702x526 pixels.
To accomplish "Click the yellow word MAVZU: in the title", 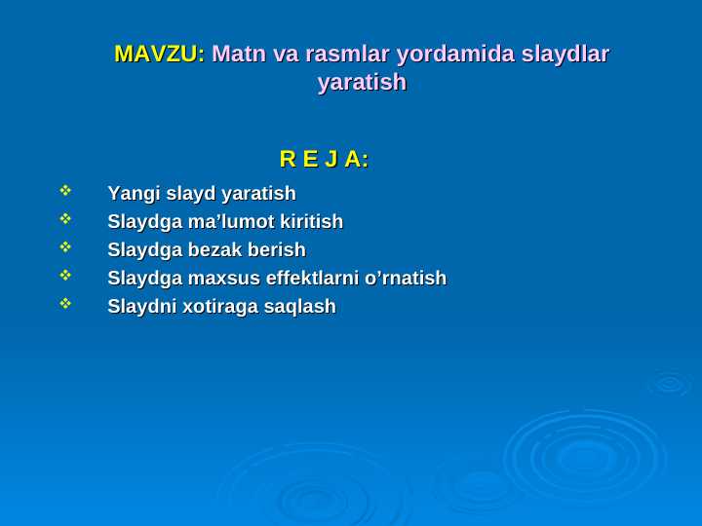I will pos(159,54).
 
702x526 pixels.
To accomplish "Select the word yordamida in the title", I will pos(450,54).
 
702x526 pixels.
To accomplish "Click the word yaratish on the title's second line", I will pos(362,83).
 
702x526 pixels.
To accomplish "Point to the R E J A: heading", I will pos(324,159).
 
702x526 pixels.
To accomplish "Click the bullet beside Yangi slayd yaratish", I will pos(65,191).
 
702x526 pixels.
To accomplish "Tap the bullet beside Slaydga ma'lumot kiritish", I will pos(65,219).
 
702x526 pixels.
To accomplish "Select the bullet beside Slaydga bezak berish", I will pos(65,247).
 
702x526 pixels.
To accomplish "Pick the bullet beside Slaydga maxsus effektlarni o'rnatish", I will pos(65,276).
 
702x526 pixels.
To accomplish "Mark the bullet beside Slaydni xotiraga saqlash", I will pos(65,304).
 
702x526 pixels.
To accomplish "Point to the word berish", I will pos(277,250).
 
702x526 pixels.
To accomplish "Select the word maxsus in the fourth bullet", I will pos(223,279).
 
